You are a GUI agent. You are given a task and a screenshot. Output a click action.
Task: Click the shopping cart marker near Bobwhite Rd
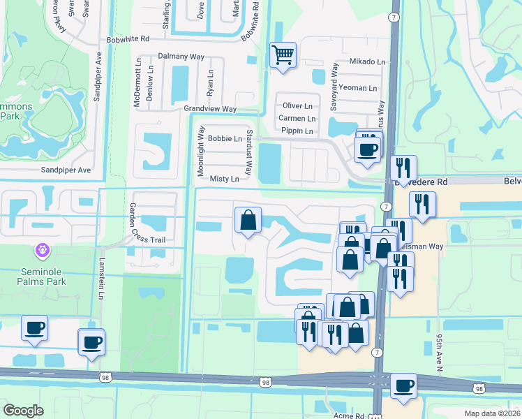283,54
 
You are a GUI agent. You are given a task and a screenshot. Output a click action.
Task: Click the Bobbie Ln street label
225,139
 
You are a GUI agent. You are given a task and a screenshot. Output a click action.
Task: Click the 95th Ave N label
440,351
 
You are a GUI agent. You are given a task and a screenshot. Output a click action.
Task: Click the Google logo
23,411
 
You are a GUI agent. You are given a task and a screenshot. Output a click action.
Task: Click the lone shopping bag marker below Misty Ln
248,220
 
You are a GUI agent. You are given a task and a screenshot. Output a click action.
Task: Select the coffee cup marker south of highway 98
403,385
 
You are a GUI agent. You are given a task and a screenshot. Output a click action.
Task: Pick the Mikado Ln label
367,62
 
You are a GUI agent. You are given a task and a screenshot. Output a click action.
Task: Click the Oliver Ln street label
297,105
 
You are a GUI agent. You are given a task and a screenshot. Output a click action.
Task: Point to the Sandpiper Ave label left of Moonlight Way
66,170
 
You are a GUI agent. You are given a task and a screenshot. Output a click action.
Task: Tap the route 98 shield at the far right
478,388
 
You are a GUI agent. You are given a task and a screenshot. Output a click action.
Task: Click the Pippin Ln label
297,131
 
